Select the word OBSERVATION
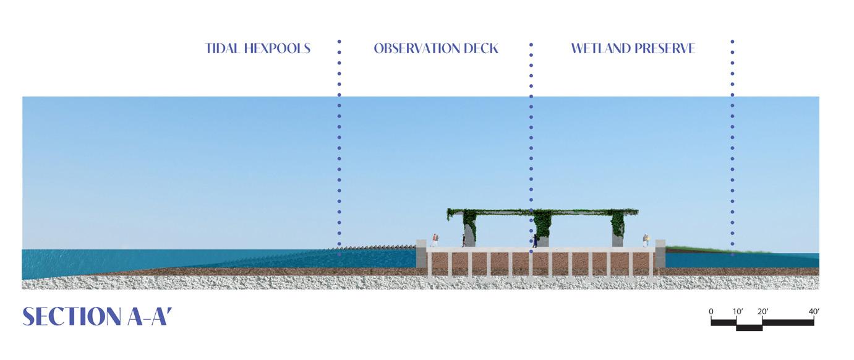tap(412, 48)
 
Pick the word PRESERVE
tap(666, 48)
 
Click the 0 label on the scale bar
tap(711, 311)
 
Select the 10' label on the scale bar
tap(737, 311)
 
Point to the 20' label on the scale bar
tap(762, 311)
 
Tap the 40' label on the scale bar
tap(814, 311)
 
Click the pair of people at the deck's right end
tap(646, 241)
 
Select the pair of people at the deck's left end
tap(435, 240)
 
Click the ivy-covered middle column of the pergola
tap(542, 229)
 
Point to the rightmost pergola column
tap(618, 230)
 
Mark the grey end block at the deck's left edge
tap(421, 254)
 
